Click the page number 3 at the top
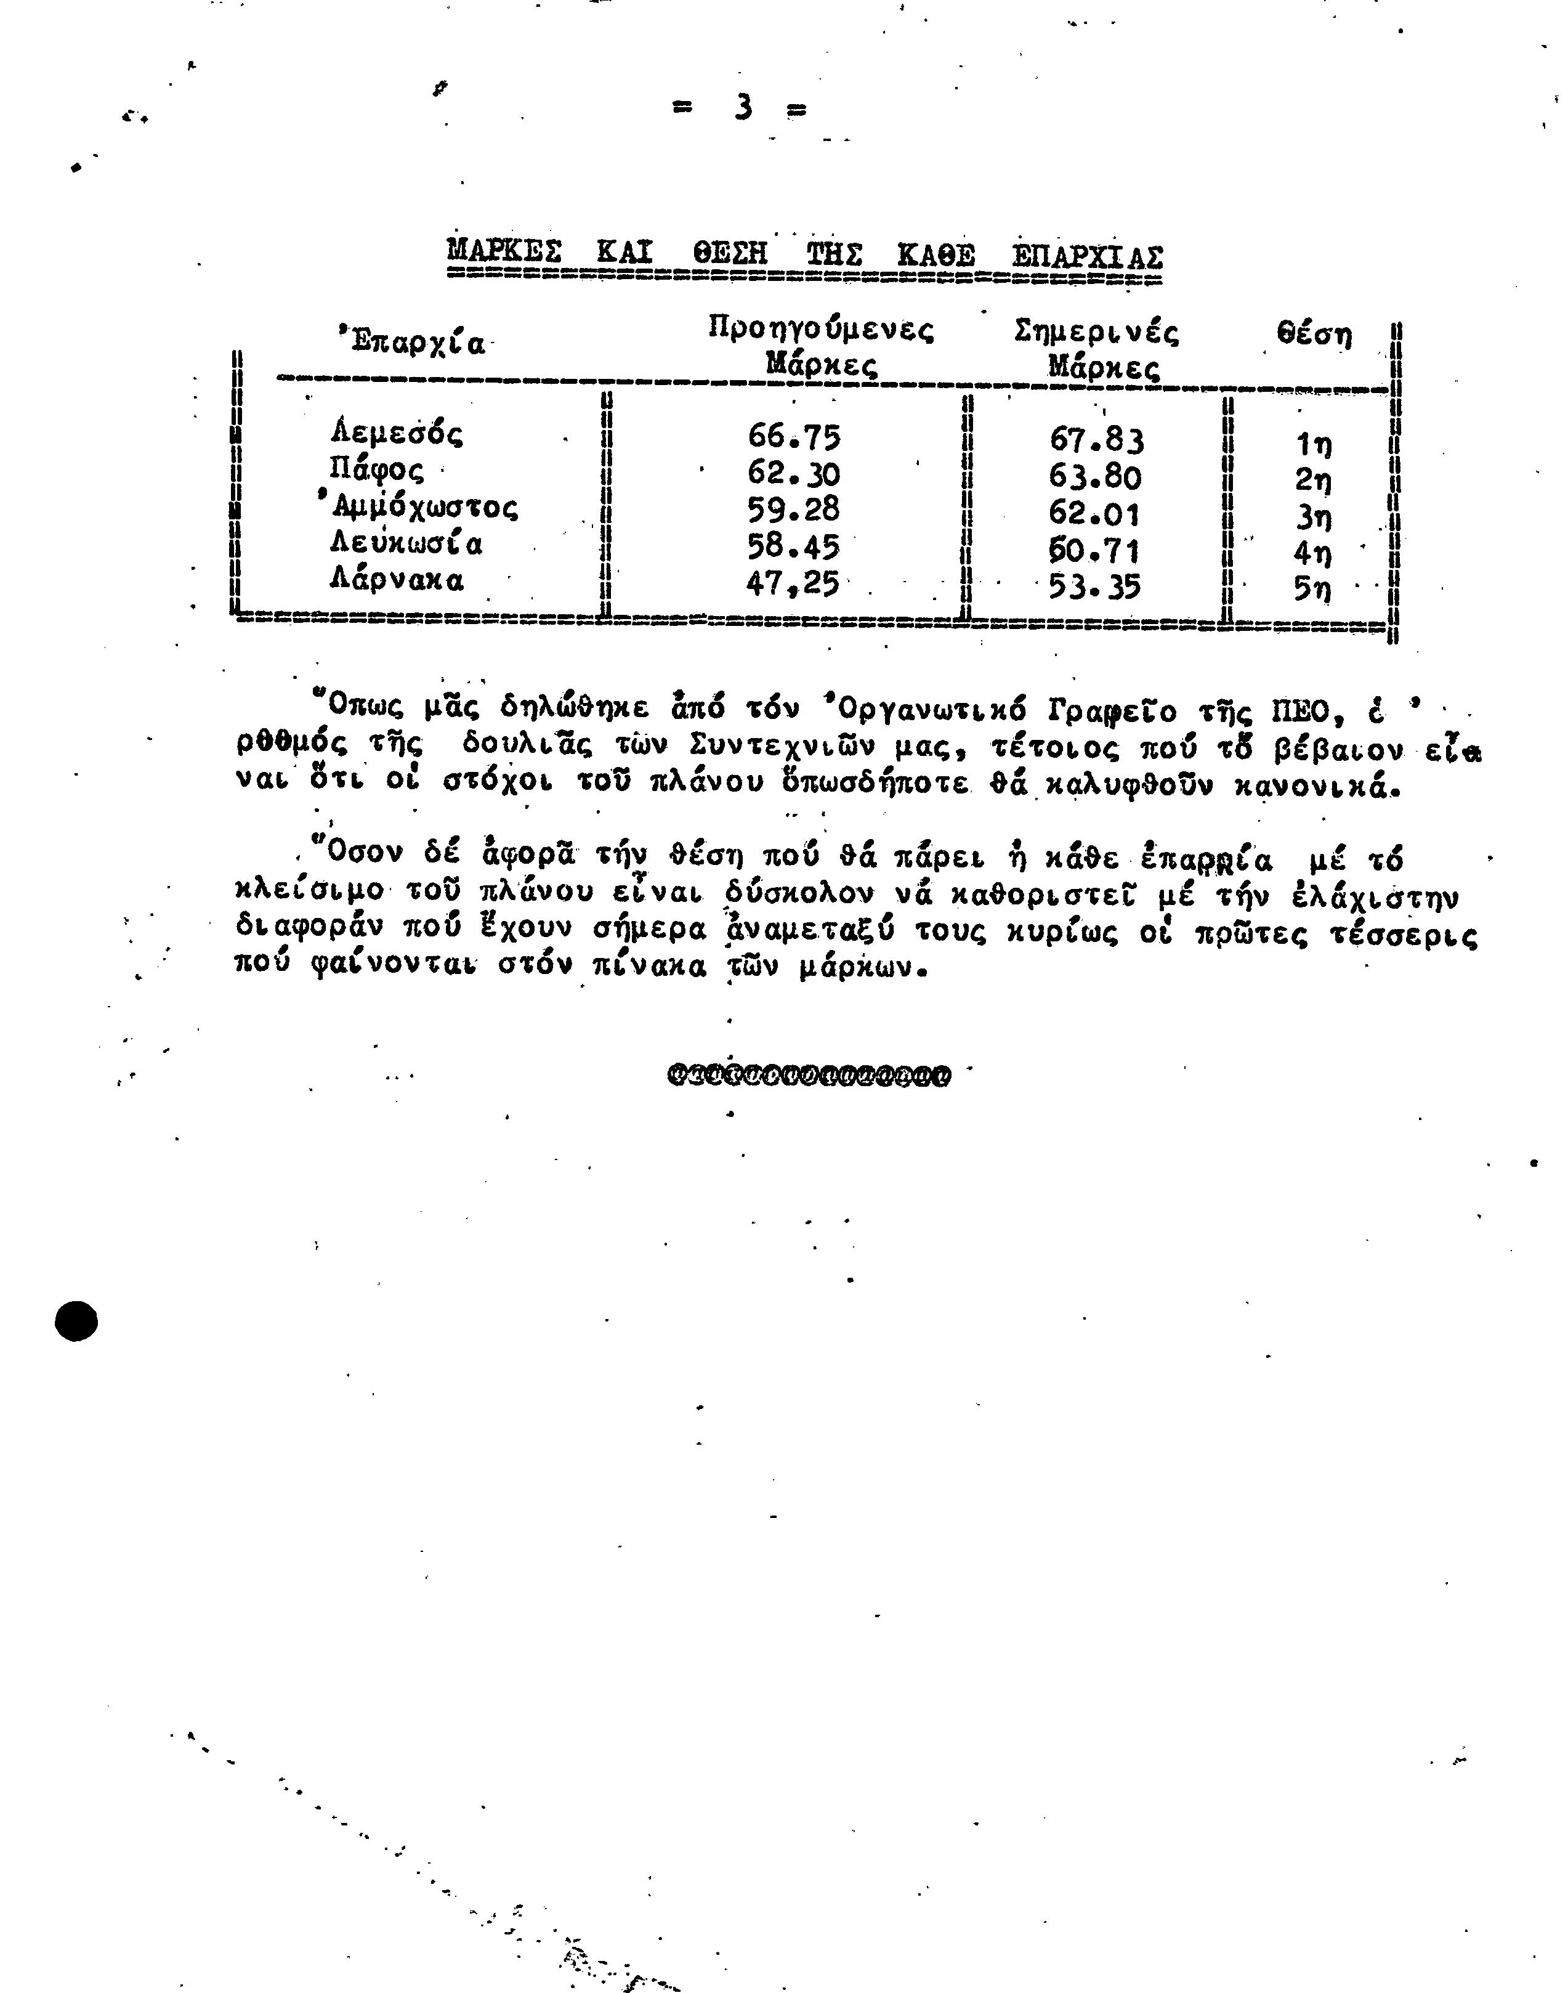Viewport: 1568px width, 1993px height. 743,108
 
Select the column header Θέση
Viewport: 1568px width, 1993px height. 1315,335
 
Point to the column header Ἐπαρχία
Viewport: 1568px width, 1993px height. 410,342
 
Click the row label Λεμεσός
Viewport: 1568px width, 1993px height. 397,432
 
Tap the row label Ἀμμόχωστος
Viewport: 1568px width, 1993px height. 418,507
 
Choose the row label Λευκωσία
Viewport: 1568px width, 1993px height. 406,544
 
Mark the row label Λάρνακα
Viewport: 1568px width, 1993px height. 397,580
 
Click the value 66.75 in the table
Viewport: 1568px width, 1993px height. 794,436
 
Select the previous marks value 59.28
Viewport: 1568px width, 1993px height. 794,509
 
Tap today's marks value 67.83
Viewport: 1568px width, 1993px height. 1097,441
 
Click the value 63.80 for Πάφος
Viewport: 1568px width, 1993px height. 1095,477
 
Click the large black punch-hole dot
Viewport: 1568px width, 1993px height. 76,1321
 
